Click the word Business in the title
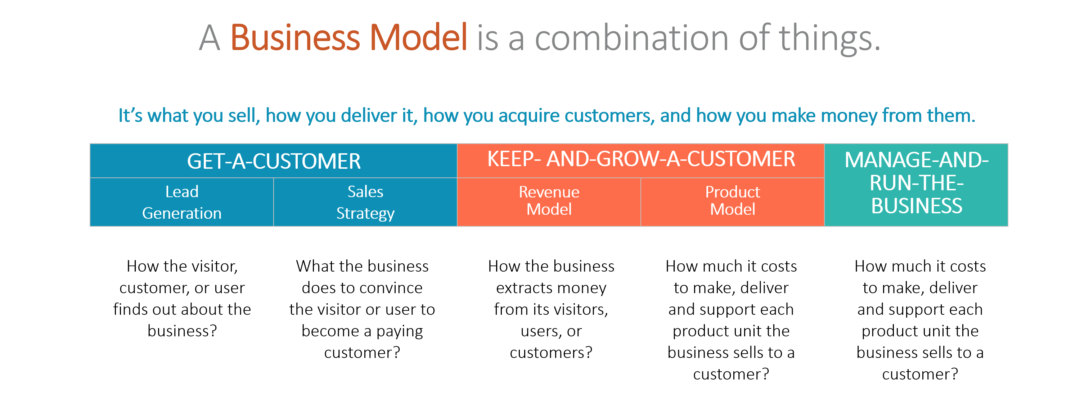(295, 38)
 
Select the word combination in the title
(632, 38)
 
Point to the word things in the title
(825, 38)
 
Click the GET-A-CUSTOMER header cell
(273, 161)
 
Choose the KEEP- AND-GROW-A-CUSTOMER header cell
(641, 160)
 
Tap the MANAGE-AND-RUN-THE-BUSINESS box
(916, 184)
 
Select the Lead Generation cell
(181, 202)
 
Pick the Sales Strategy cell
(365, 202)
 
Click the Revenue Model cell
(549, 201)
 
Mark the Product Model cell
(733, 201)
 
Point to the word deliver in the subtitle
(369, 115)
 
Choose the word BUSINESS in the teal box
(917, 206)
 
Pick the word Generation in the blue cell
(181, 213)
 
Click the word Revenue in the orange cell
(549, 192)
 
